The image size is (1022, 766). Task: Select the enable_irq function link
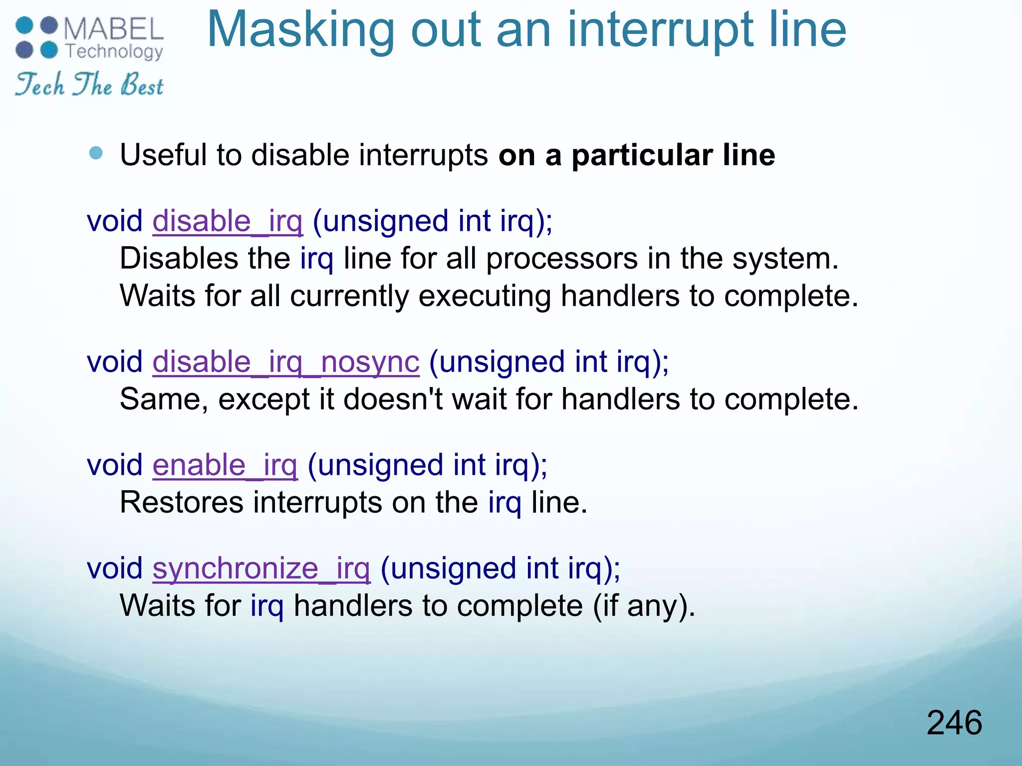(225, 465)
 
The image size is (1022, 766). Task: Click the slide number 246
(954, 723)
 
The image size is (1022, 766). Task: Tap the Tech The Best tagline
(89, 84)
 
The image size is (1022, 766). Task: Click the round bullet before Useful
(95, 153)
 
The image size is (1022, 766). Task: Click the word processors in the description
(561, 259)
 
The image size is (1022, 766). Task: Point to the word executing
(484, 296)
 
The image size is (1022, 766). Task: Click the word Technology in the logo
(114, 51)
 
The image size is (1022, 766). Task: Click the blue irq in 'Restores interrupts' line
(505, 502)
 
